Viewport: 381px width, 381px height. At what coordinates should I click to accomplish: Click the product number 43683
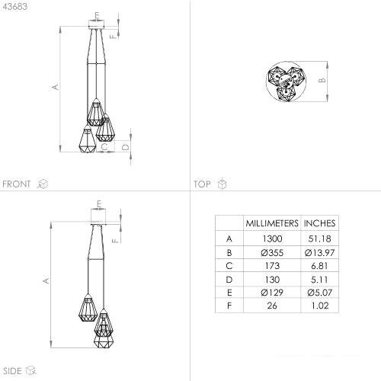pos(15,7)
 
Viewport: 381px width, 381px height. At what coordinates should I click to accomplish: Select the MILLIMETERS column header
pos(272,223)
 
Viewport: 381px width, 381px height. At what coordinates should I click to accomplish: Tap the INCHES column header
pos(320,223)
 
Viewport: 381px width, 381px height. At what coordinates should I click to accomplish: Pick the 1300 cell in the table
pos(272,239)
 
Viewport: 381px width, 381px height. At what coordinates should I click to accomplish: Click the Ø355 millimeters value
pos(272,253)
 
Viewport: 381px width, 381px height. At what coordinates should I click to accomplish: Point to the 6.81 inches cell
pos(319,266)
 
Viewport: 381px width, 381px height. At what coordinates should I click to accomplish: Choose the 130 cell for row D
pos(272,280)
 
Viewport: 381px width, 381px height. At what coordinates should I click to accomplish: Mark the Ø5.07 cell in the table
pos(320,293)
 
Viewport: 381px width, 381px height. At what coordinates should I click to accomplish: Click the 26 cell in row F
pos(272,306)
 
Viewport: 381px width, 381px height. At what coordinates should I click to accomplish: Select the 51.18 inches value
pos(320,239)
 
